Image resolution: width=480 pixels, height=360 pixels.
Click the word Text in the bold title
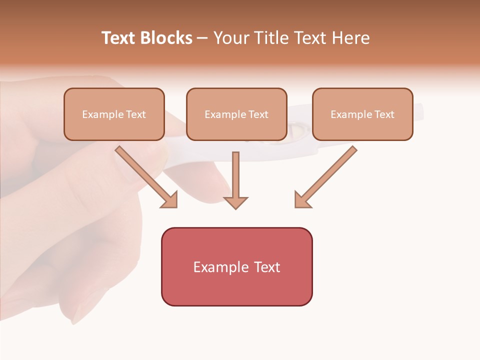point(119,38)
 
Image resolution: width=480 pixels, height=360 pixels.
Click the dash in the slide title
point(202,38)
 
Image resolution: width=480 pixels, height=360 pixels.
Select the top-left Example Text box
point(114,114)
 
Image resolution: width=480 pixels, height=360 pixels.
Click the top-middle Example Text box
point(236,114)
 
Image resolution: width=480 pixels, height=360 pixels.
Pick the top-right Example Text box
point(362,114)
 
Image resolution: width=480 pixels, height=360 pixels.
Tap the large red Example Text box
point(236,267)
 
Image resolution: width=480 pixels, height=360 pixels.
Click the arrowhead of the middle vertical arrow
point(235,202)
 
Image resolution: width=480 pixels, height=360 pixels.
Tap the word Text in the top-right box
point(384,114)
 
